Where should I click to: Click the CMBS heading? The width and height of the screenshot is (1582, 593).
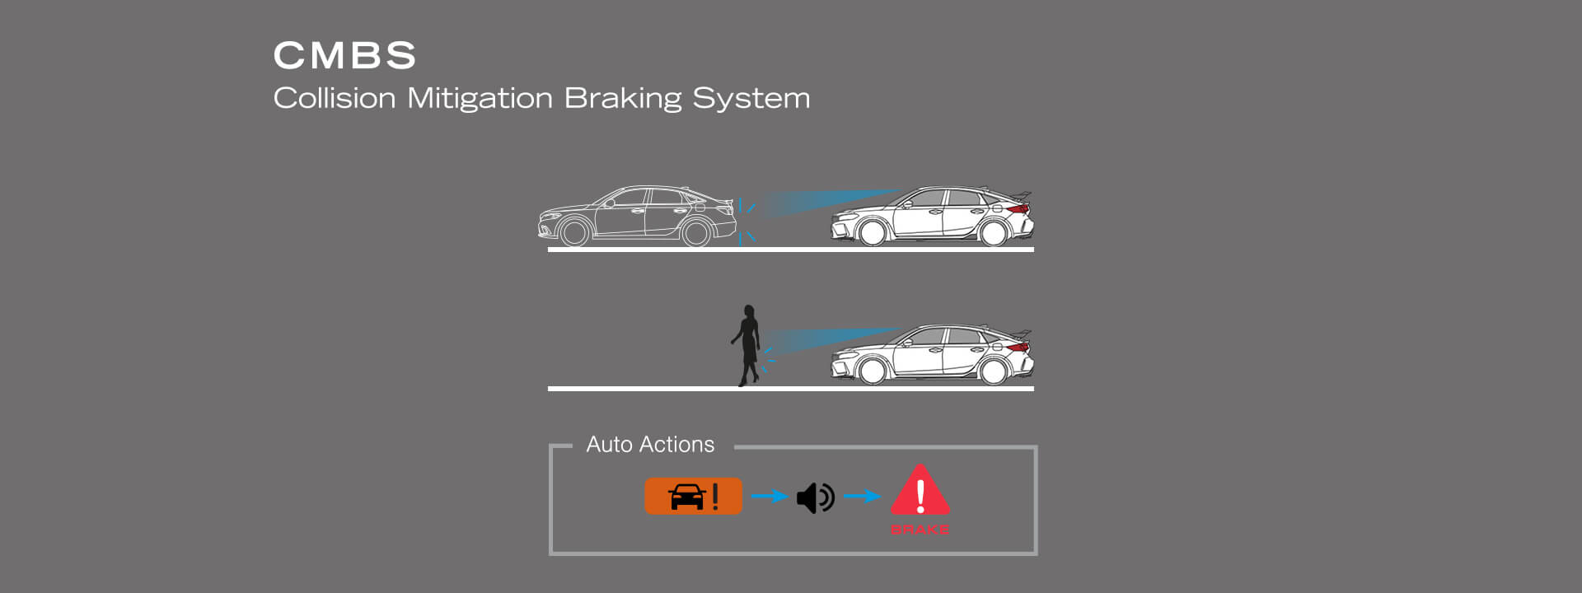click(x=344, y=56)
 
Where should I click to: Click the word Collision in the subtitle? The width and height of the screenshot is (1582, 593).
click(x=335, y=98)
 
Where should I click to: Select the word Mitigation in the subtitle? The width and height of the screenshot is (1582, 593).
click(x=480, y=98)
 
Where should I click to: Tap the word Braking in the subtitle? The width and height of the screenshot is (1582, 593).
click(x=623, y=98)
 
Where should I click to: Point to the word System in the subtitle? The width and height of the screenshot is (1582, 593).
click(x=751, y=98)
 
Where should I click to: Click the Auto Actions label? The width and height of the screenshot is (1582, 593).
click(x=650, y=445)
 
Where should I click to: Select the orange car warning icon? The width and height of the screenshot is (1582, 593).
click(x=693, y=497)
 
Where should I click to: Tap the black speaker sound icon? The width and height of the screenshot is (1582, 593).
click(x=815, y=497)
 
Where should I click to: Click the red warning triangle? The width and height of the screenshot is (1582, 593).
click(x=920, y=491)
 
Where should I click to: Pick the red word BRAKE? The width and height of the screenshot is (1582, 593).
click(x=920, y=530)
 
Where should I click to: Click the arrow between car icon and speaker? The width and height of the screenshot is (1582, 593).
click(x=769, y=496)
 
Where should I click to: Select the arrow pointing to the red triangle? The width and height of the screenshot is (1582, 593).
click(x=862, y=496)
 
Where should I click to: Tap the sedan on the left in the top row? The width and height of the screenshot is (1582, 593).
click(x=637, y=216)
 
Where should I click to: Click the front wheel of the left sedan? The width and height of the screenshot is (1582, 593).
click(x=574, y=233)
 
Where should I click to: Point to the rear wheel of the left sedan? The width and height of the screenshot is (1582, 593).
click(x=696, y=233)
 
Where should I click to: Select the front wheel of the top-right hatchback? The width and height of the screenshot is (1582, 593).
click(x=872, y=233)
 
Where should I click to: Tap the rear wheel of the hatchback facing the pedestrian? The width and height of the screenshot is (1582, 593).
click(x=993, y=371)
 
